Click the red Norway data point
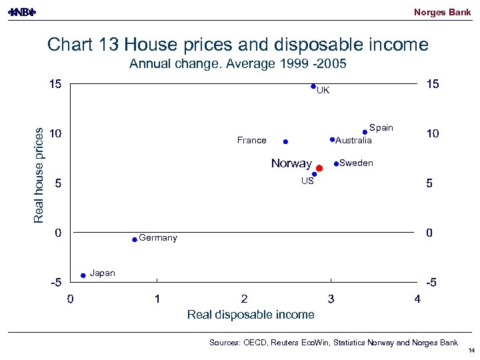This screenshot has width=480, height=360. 319,169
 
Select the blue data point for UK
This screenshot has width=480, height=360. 313,86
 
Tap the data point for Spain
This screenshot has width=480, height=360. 365,132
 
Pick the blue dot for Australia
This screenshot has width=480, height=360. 332,139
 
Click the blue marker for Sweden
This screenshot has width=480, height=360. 336,163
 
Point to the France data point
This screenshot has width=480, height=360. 285,141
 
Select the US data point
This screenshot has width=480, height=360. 314,174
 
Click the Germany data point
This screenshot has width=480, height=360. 135,239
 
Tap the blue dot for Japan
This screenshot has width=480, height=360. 83,275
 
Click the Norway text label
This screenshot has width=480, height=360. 291,163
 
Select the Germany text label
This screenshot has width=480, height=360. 158,238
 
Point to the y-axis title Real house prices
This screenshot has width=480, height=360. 39,175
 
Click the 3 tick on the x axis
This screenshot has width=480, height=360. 331,299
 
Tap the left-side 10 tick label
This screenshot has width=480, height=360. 55,133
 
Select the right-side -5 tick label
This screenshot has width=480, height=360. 431,283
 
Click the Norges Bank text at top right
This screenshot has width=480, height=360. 442,12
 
